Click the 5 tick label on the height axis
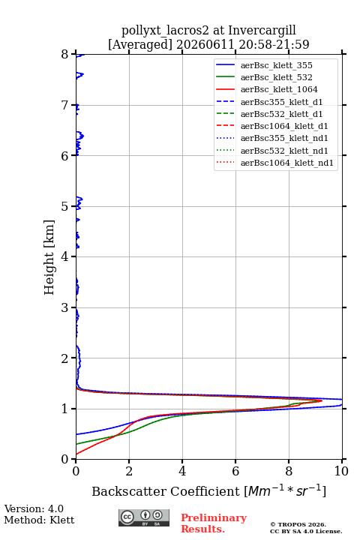tap(65, 206)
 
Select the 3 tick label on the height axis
tap(65, 307)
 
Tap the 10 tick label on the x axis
tap(341, 471)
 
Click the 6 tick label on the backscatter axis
tap(235, 471)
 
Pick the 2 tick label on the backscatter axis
tap(129, 471)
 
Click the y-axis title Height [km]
tap(49, 257)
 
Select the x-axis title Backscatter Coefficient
tap(165, 491)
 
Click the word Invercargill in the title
tap(262, 31)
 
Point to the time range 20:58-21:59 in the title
tap(272, 44)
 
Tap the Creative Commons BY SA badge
tap(144, 517)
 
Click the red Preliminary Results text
tap(214, 523)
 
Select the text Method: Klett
tap(39, 520)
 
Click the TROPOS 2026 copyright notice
tap(298, 524)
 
